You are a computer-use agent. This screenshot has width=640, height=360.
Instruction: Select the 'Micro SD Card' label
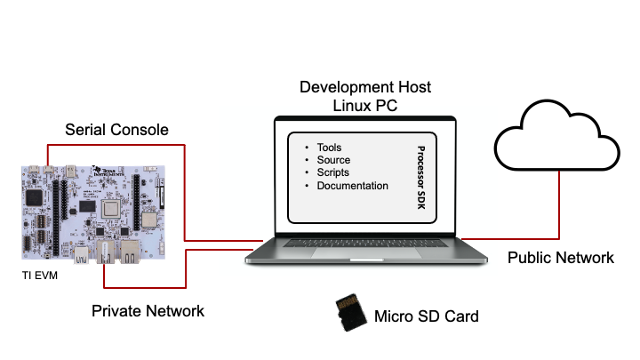427,316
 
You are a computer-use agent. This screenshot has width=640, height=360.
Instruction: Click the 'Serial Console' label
116,130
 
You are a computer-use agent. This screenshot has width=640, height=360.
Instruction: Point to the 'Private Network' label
148,311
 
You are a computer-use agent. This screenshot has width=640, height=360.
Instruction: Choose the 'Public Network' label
560,258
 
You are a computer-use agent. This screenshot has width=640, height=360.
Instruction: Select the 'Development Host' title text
365,87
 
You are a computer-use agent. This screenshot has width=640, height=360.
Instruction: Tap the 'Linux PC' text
365,105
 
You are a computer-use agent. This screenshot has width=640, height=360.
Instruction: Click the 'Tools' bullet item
329,148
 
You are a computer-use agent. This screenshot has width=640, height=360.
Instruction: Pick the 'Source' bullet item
332,160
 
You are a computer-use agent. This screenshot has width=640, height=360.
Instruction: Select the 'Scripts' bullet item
332,172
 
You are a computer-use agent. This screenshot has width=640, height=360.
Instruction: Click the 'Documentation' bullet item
352,186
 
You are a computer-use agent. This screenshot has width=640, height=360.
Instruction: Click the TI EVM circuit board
93,213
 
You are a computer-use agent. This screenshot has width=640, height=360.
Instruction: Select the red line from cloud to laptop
557,213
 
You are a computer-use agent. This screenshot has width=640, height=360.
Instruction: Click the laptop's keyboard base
366,253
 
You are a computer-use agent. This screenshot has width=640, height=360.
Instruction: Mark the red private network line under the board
142,287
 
